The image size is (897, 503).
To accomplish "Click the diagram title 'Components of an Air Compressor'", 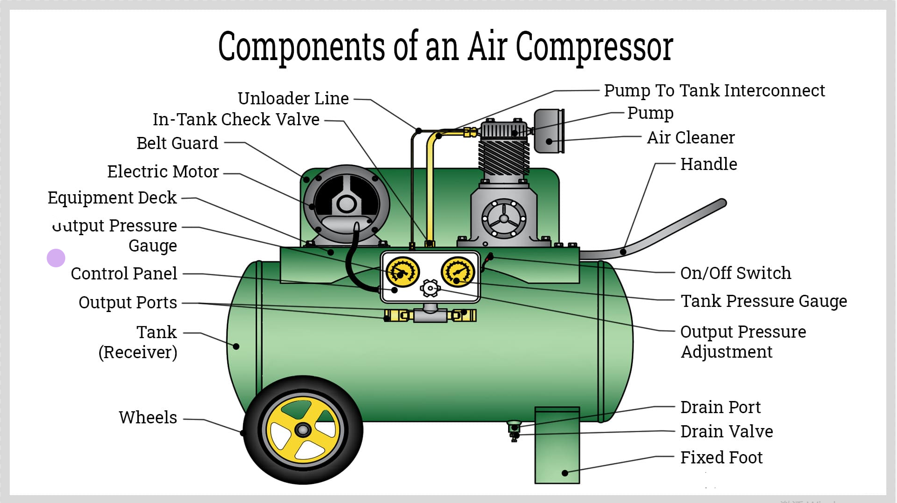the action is (x=446, y=47).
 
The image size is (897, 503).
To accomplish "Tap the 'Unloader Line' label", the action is (x=293, y=98).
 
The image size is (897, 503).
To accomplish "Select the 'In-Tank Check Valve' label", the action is (x=236, y=119).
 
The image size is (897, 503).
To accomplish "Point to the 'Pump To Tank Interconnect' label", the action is (x=714, y=90).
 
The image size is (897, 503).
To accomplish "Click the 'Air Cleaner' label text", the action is (x=691, y=137).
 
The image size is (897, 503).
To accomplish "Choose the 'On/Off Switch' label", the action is (x=735, y=273).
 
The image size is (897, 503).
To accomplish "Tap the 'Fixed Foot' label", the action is (x=721, y=457).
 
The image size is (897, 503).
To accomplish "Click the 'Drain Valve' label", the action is (x=727, y=431).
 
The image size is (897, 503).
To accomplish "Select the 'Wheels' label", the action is (x=148, y=417).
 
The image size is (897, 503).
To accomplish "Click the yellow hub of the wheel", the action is (x=303, y=429).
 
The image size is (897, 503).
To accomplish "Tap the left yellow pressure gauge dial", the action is (x=403, y=272).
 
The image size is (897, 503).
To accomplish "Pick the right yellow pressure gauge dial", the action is (x=458, y=272).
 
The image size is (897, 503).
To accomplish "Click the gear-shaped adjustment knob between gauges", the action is (x=430, y=288).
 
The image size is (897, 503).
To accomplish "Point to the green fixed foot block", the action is (x=557, y=445).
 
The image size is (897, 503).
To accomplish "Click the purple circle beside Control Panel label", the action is (x=56, y=258).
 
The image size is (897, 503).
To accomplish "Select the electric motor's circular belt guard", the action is (x=346, y=204).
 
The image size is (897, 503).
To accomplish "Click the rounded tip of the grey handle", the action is (x=722, y=203).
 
